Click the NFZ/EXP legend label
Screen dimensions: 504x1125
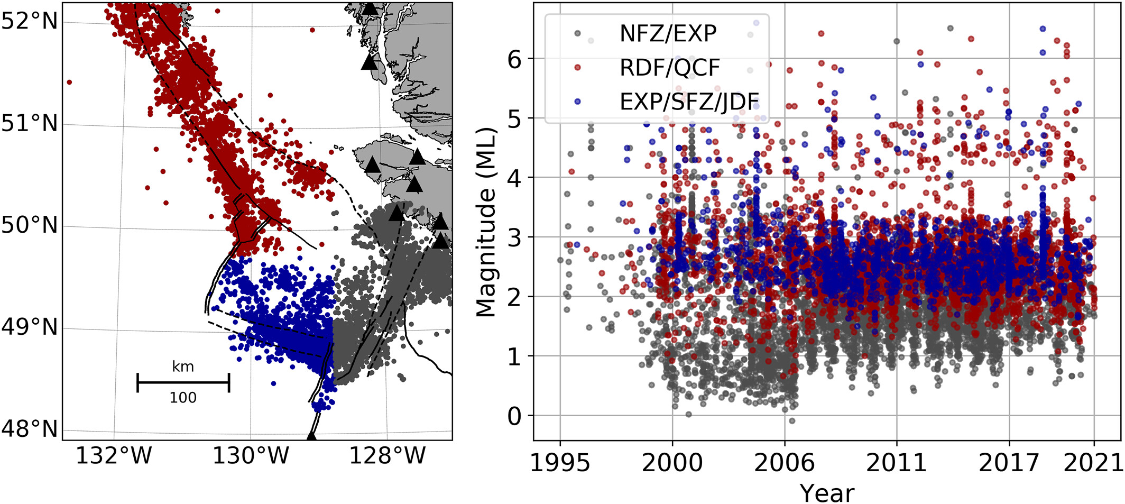[x=667, y=34]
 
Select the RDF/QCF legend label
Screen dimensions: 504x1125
[x=669, y=68]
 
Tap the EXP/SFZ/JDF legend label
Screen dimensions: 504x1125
[x=689, y=102]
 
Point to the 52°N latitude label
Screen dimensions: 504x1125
[x=29, y=21]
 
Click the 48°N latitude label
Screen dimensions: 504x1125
[x=29, y=429]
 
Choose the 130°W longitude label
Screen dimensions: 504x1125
[x=251, y=455]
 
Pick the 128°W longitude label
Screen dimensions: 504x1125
[x=387, y=455]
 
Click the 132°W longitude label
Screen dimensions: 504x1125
[x=114, y=455]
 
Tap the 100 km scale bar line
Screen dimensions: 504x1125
[x=183, y=382]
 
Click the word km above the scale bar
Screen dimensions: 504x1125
[x=183, y=366]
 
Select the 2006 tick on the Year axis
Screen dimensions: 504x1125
[x=785, y=463]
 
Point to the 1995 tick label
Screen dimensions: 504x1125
[x=560, y=463]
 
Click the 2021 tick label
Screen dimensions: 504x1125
[x=1093, y=463]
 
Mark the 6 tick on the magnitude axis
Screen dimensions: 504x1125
[x=514, y=59]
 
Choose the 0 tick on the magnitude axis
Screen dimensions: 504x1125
[x=514, y=416]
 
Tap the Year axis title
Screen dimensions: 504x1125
[x=827, y=493]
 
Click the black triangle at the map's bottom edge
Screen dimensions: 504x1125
[x=311, y=436]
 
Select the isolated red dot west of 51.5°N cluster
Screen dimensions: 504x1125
[x=69, y=82]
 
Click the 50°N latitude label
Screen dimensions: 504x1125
[x=29, y=225]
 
